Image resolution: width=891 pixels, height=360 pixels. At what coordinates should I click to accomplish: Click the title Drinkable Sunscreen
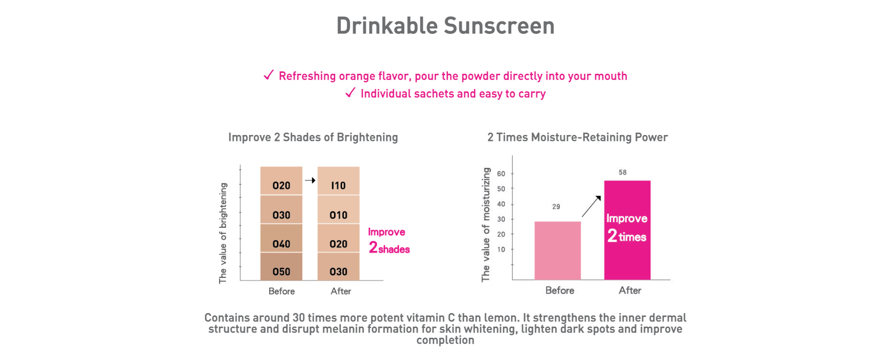445,26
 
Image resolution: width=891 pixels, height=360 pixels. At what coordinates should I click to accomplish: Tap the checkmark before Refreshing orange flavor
269,75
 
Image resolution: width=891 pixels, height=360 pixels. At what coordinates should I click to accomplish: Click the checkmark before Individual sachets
350,93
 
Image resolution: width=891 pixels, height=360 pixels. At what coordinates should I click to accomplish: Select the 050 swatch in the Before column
281,266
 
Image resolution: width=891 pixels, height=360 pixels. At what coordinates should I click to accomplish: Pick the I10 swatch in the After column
338,180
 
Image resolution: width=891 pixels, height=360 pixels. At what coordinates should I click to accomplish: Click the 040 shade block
281,238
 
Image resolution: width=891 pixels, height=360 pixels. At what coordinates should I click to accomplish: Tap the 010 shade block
338,209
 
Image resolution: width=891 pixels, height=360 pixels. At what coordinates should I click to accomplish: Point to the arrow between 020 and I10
310,180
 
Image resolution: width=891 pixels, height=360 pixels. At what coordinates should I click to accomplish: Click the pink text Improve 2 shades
389,241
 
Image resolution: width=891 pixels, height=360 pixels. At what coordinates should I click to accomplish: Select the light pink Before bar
557,251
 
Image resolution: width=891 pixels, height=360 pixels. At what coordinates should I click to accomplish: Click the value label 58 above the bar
622,172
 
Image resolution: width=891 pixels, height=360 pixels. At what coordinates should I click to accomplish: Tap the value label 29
556,206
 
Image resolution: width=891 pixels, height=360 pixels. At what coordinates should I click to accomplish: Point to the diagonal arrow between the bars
591,206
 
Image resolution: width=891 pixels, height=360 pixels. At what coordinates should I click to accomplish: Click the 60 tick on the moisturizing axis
501,174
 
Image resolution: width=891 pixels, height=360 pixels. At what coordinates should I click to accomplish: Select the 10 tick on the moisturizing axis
501,249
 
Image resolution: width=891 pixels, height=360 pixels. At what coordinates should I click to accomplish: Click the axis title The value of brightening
223,233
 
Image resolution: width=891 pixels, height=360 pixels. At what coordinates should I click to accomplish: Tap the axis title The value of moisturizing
486,225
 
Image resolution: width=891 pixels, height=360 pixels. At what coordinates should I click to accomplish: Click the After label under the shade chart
341,291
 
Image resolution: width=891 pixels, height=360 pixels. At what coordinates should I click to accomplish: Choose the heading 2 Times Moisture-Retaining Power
577,137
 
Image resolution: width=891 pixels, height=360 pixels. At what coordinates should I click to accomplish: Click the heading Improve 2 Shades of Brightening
313,137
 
